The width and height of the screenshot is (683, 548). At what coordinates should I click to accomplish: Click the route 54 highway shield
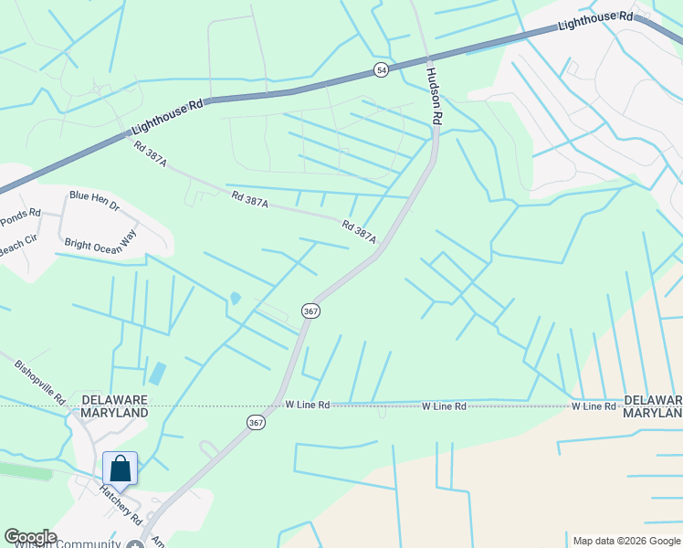[x=381, y=70]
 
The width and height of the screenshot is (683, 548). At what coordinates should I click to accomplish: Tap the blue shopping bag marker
[x=120, y=469]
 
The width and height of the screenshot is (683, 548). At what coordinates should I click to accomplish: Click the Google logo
[x=30, y=537]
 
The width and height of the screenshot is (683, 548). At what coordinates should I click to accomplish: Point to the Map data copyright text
[x=626, y=541]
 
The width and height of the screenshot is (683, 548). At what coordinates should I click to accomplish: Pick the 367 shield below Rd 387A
[x=310, y=311]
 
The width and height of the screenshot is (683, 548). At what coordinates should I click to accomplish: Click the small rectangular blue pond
[x=158, y=373]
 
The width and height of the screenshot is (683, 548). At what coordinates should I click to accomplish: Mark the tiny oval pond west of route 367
[x=235, y=298]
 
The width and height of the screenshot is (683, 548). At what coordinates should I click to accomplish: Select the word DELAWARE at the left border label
[x=115, y=400]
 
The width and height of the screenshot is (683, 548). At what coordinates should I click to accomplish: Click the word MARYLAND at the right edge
[x=652, y=414]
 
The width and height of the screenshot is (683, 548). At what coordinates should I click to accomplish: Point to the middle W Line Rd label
[x=444, y=406]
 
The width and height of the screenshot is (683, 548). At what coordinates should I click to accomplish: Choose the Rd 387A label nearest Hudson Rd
[x=360, y=230]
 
